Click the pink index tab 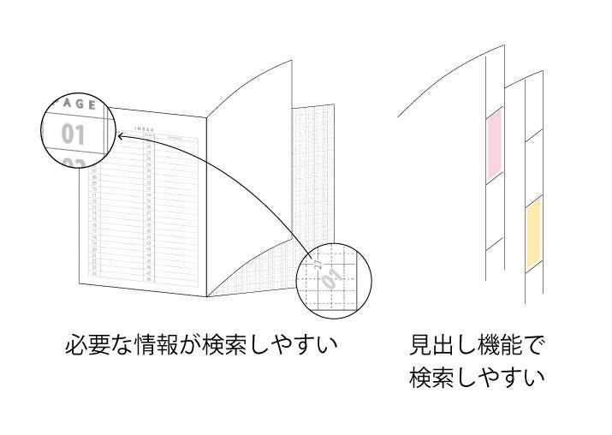click(495, 146)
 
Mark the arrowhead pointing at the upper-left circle click(122, 135)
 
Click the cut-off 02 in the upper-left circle click(74, 163)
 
